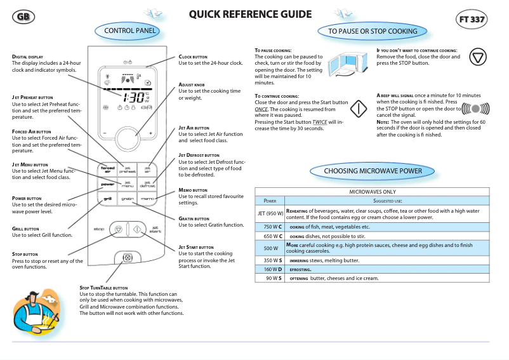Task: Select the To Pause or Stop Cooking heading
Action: (x=373, y=31)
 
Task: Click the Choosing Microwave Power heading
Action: (x=373, y=171)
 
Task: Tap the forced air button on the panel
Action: (x=108, y=170)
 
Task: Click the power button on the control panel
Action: (x=108, y=184)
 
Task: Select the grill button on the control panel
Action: (x=108, y=199)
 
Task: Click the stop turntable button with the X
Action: (x=127, y=258)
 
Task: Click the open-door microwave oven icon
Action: (x=348, y=65)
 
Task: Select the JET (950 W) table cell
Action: (x=270, y=214)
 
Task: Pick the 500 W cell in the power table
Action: (x=270, y=248)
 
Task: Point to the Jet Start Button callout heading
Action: (x=196, y=247)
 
